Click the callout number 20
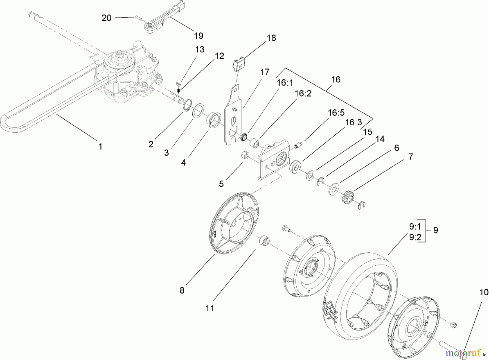click(x=106, y=18)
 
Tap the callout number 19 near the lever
click(x=199, y=36)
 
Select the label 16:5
click(x=336, y=113)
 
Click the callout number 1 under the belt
click(x=100, y=146)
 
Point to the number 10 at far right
click(x=484, y=292)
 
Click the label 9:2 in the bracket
click(x=415, y=237)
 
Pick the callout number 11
click(x=210, y=308)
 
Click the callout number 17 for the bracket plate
click(x=265, y=72)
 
